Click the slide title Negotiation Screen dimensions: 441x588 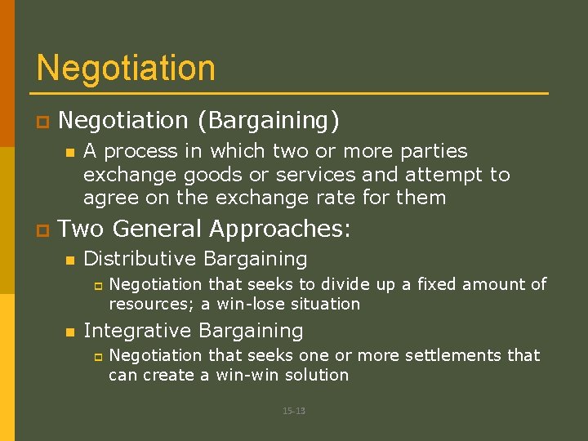click(x=126, y=68)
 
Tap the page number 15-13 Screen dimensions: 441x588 click(x=294, y=411)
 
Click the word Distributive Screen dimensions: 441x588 click(x=140, y=260)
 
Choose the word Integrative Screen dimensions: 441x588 click(x=136, y=331)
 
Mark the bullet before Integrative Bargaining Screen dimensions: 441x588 click(x=69, y=332)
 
